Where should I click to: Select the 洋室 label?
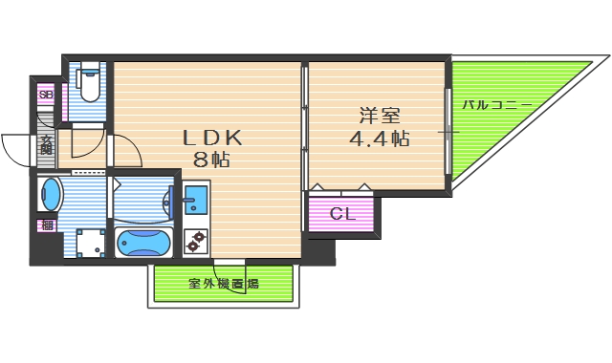378,117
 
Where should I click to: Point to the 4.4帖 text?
379,139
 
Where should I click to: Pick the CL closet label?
342,213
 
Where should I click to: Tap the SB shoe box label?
46,95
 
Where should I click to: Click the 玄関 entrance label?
46,145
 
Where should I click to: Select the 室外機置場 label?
223,284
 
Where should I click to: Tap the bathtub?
144,243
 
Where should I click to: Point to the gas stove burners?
197,243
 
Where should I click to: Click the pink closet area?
342,213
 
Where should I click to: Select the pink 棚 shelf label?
46,225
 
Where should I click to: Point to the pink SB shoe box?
46,95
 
